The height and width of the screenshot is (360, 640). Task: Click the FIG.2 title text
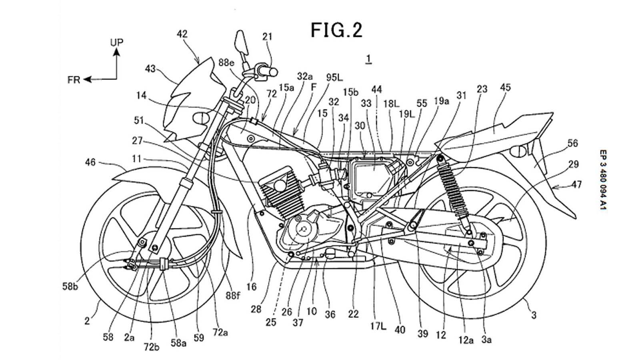(x=336, y=30)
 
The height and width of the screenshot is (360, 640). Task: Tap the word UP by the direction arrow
(x=117, y=42)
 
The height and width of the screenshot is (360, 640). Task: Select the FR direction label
(x=74, y=80)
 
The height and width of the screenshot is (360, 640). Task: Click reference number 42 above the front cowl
(x=182, y=34)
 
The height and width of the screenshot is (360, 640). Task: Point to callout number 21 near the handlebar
(x=267, y=37)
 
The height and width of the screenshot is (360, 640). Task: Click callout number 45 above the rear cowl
(x=505, y=87)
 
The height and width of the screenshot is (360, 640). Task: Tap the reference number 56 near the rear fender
(x=572, y=143)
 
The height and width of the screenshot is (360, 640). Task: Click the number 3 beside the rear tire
(x=534, y=315)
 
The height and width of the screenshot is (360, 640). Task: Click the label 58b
(x=71, y=286)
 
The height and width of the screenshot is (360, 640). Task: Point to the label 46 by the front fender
(x=90, y=162)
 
